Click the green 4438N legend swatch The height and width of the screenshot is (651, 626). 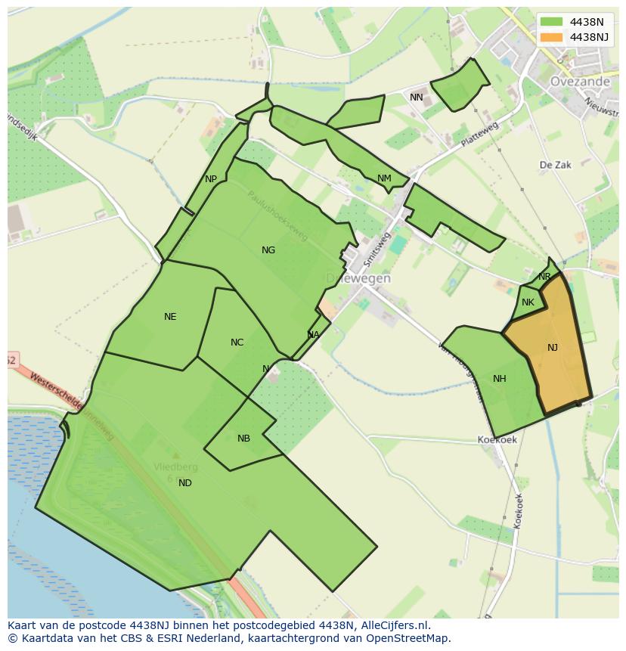point(551,22)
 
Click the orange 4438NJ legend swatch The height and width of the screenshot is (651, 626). point(551,37)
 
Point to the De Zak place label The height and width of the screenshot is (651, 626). point(555,165)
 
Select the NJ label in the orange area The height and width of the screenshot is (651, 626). point(553,348)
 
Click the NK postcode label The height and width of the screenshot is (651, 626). point(528,302)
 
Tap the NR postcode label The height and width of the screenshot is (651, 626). point(544,277)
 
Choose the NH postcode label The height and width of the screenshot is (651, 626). point(499,379)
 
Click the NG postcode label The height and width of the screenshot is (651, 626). point(268,250)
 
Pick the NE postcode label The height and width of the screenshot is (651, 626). point(170,317)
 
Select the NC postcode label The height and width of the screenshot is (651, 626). point(237,343)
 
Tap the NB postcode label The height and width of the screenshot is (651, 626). point(243,439)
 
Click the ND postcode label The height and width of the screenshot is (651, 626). point(185,483)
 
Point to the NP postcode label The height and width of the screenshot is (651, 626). point(211,179)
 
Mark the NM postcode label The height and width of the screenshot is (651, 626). point(384,178)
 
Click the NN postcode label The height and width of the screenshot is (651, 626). point(417,98)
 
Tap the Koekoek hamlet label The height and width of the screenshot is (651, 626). point(497,440)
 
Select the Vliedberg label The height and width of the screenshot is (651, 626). point(175,467)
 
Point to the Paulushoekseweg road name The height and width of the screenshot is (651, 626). point(277,215)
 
